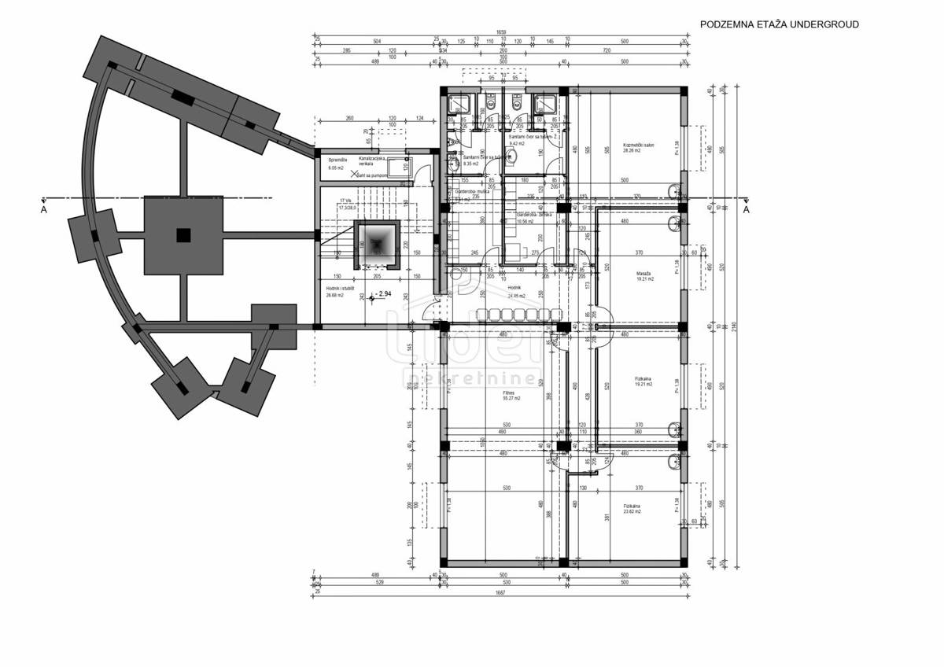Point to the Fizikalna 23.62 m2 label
pos(632,509)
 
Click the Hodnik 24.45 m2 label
pos(516,293)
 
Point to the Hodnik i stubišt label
pos(340,292)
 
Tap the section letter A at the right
pos(746,209)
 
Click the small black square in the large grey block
pos(183,234)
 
